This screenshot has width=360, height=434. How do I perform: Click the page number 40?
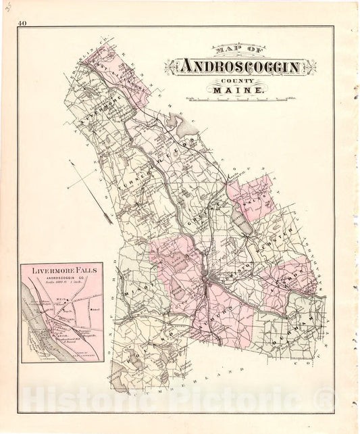[23, 24]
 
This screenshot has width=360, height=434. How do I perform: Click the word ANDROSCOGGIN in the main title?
[245, 67]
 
